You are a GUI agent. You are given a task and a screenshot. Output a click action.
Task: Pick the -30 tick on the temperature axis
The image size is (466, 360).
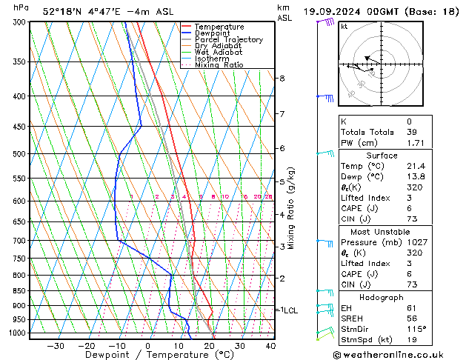coord(56,345)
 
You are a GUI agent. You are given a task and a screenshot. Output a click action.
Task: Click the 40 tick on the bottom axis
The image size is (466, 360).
coord(270,345)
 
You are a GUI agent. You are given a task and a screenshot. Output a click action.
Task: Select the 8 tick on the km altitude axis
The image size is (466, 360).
coord(282,78)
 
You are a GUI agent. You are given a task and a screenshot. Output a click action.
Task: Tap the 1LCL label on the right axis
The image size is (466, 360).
coord(287,310)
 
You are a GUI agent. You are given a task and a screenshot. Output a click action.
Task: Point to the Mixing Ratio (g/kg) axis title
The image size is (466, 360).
coord(292,208)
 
